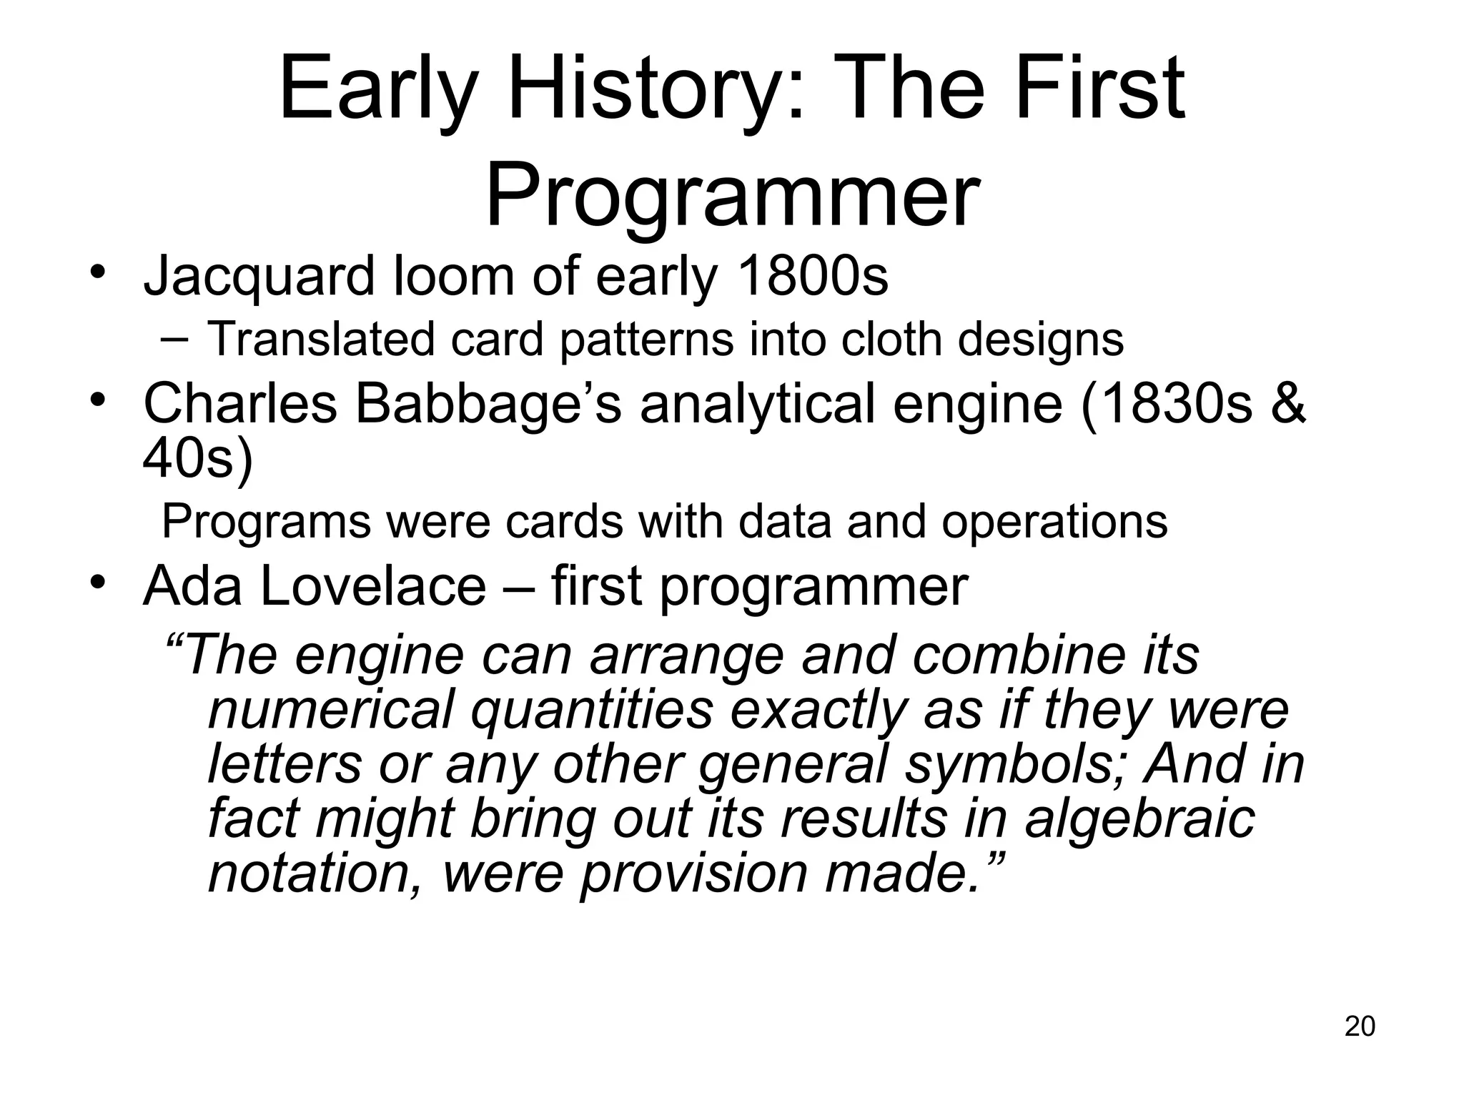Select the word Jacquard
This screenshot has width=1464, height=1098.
[x=259, y=277]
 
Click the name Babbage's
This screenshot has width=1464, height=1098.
[x=488, y=404]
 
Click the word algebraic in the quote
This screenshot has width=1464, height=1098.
[x=1139, y=818]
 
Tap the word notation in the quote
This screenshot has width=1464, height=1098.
[x=315, y=873]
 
